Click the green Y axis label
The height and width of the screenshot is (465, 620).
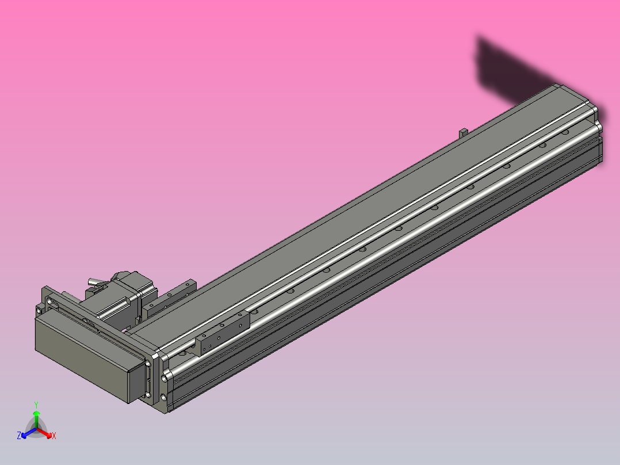tap(36, 404)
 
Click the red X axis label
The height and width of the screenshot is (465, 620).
tap(53, 436)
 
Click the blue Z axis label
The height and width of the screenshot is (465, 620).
tap(19, 436)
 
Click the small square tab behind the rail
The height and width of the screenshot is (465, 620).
tap(462, 132)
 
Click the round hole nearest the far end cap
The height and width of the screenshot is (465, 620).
tap(566, 132)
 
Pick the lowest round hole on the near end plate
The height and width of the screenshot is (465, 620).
tap(165, 397)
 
